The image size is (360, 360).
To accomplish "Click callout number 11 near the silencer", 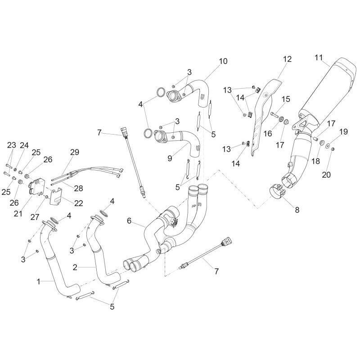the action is (x=319, y=58).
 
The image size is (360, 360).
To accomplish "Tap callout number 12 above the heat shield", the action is (x=287, y=59).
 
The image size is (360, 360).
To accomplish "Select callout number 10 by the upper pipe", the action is (x=223, y=61).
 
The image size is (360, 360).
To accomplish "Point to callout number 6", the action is (x=129, y=220).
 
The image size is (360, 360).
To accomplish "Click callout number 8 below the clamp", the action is (x=297, y=210).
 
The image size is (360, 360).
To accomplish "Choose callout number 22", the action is (x=78, y=203).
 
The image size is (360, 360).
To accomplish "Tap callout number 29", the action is (x=75, y=152).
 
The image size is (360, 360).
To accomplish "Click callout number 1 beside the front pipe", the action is (x=39, y=282).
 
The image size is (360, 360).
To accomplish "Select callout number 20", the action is (x=326, y=175).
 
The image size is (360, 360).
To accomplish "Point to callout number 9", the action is (x=170, y=158).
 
